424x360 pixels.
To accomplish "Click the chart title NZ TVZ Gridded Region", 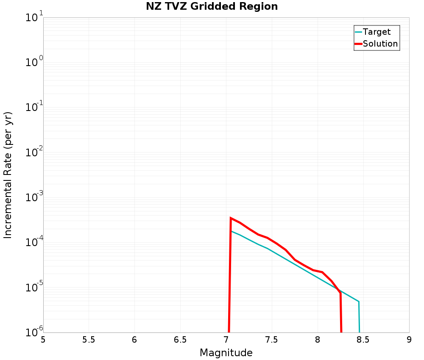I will [x=212, y=7].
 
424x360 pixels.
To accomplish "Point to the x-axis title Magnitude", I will [x=226, y=353].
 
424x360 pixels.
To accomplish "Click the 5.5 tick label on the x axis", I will [x=89, y=340].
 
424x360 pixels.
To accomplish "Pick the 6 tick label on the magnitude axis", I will [x=134, y=340].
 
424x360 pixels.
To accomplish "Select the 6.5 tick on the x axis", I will [x=180, y=340].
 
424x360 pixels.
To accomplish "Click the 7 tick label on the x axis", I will [x=226, y=340].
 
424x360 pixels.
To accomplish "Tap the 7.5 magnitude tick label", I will [x=272, y=340].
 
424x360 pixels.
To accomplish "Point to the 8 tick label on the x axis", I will [x=318, y=340].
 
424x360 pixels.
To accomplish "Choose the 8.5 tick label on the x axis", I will [x=363, y=340].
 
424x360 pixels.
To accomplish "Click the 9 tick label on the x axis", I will [x=409, y=340].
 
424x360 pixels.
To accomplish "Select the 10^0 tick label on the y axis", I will [x=34, y=63].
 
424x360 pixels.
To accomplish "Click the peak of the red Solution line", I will [x=231, y=218].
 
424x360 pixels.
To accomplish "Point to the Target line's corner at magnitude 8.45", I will [x=359, y=302].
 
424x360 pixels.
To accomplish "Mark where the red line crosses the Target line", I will [x=339, y=290].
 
